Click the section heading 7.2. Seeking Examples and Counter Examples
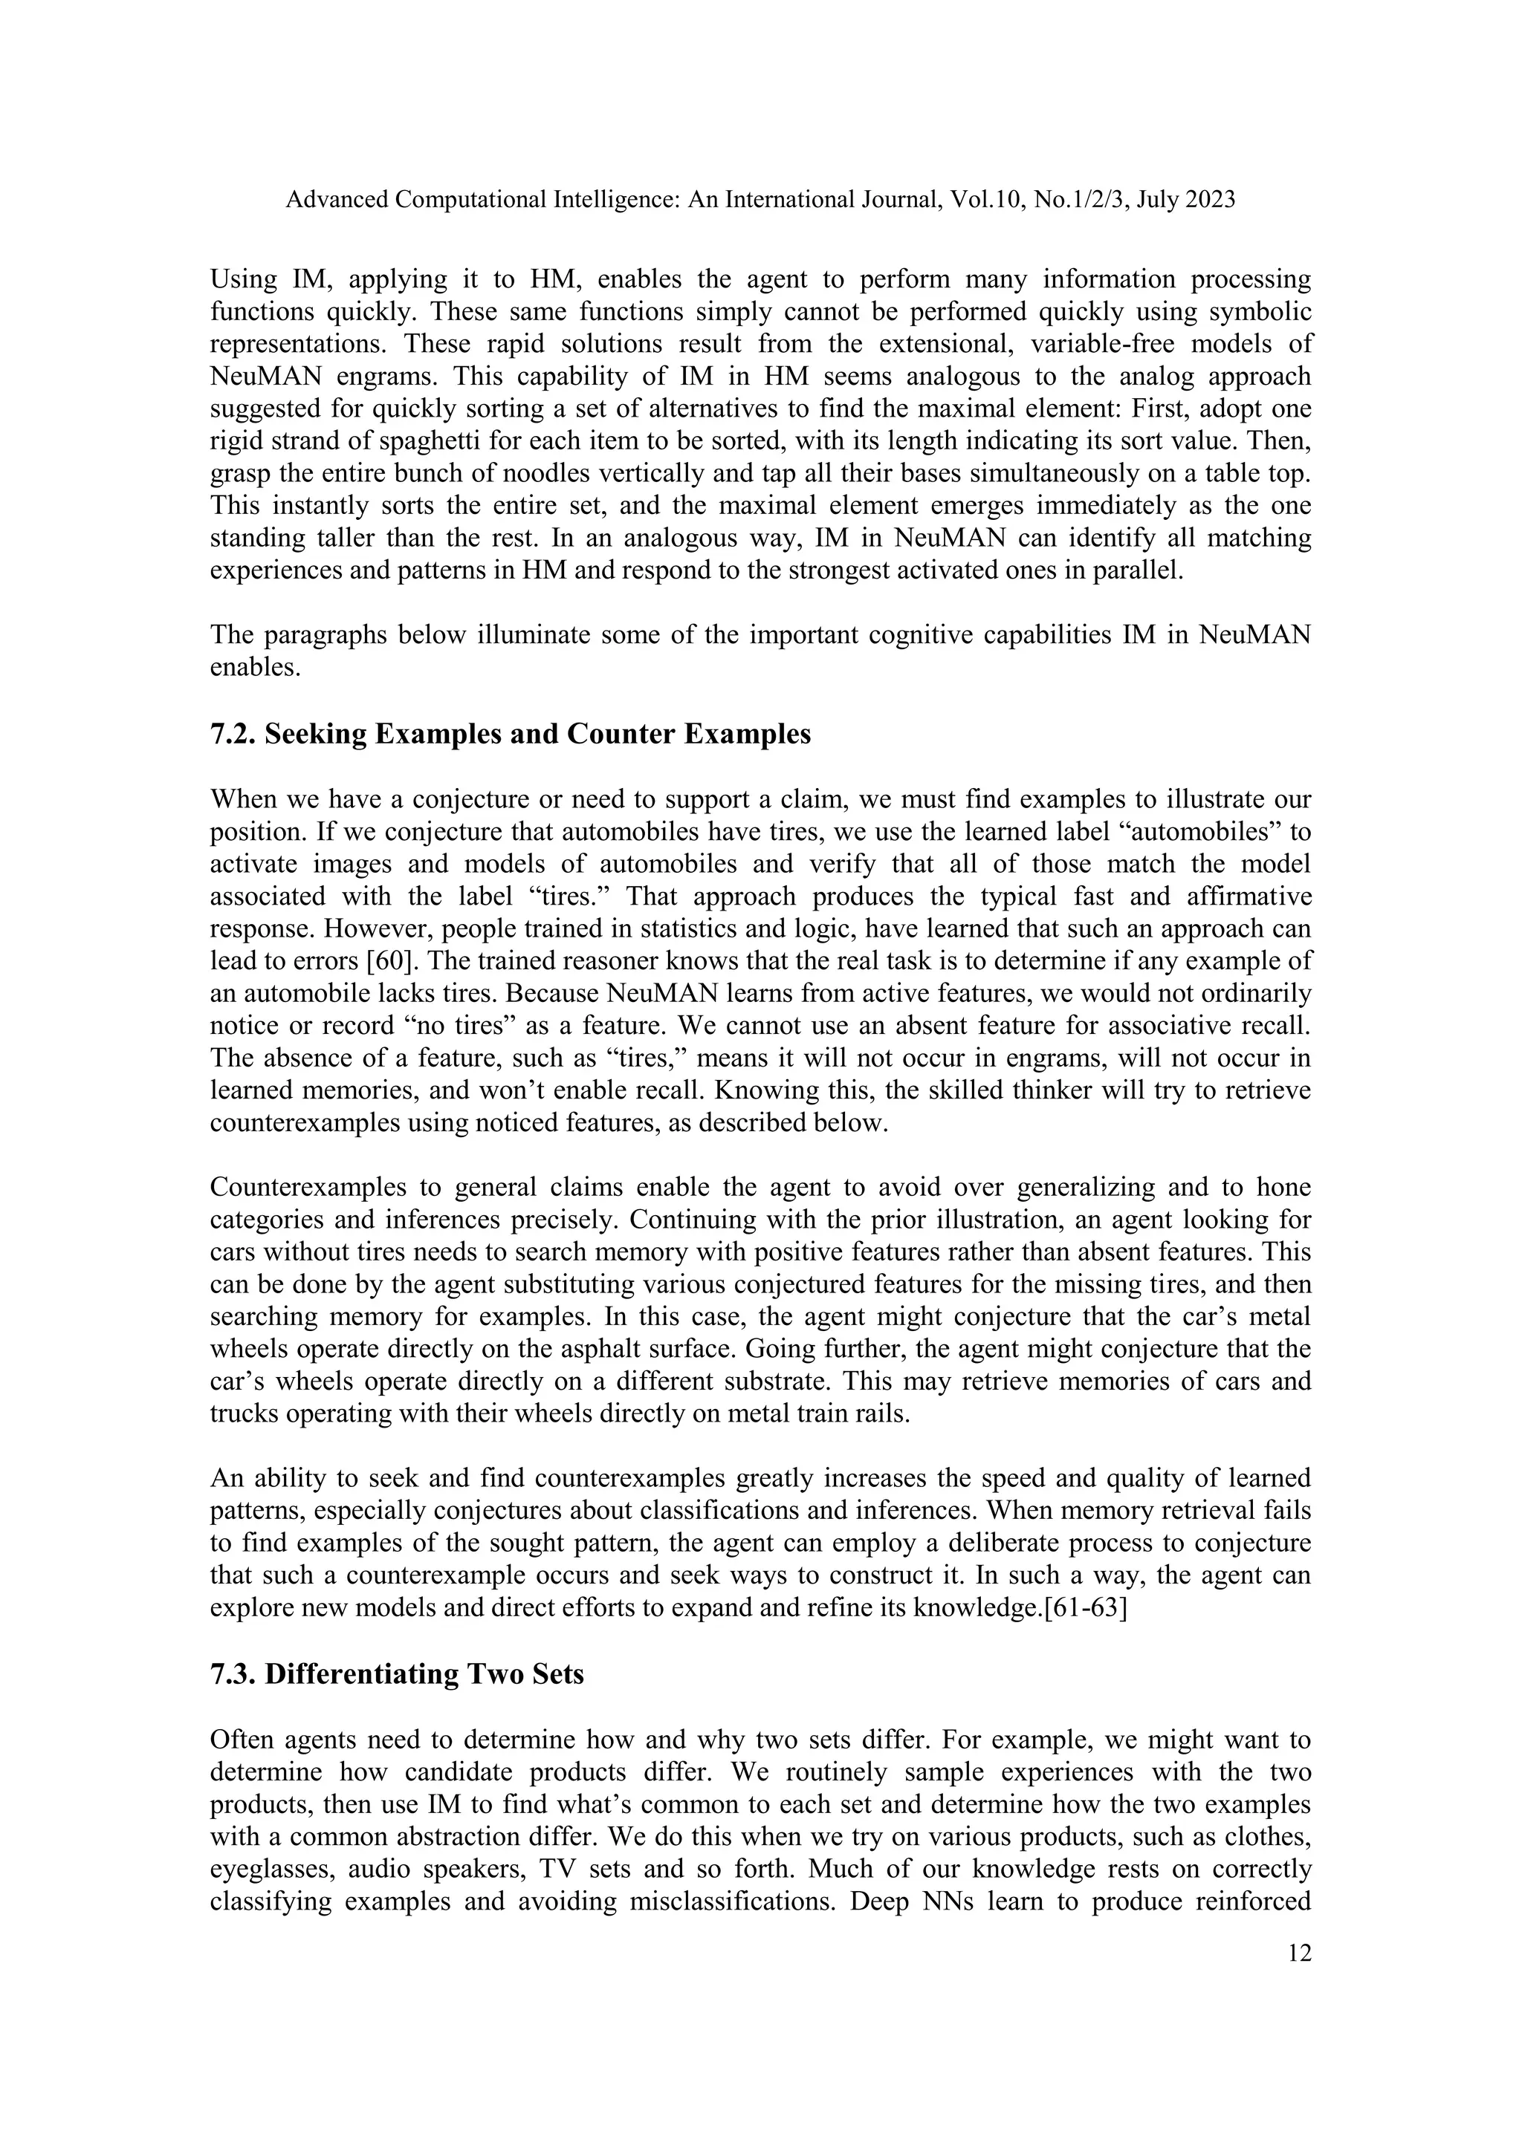tap(510, 734)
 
